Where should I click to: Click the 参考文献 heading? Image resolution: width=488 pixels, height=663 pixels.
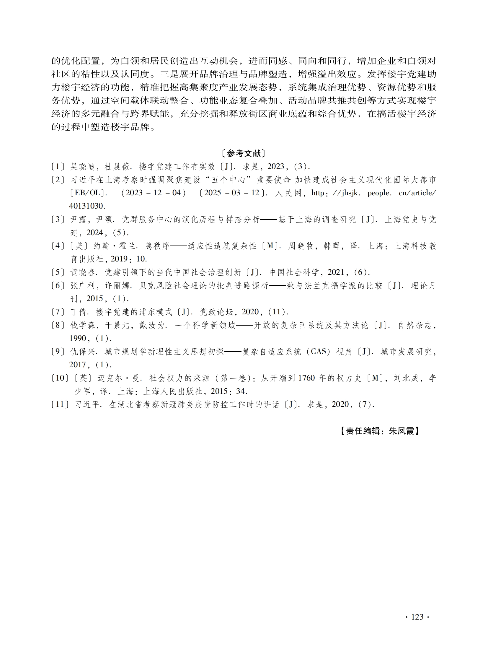pos(244,153)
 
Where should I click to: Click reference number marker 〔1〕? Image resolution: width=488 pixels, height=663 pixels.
pos(58,167)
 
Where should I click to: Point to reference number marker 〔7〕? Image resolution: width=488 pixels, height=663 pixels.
pos(58,312)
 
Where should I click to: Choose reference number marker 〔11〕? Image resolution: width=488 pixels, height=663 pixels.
pos(60,404)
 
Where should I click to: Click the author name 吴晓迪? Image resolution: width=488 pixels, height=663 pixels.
pos(83,167)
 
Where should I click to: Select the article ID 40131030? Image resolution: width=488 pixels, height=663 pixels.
pos(87,206)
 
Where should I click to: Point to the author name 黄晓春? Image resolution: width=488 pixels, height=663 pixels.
pos(83,272)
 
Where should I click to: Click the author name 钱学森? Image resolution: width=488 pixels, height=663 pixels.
pos(83,325)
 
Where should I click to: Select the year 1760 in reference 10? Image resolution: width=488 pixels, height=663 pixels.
pos(307,378)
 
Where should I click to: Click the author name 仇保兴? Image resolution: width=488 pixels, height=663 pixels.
pos(83,352)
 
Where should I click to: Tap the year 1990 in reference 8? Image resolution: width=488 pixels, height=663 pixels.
pos(78,339)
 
